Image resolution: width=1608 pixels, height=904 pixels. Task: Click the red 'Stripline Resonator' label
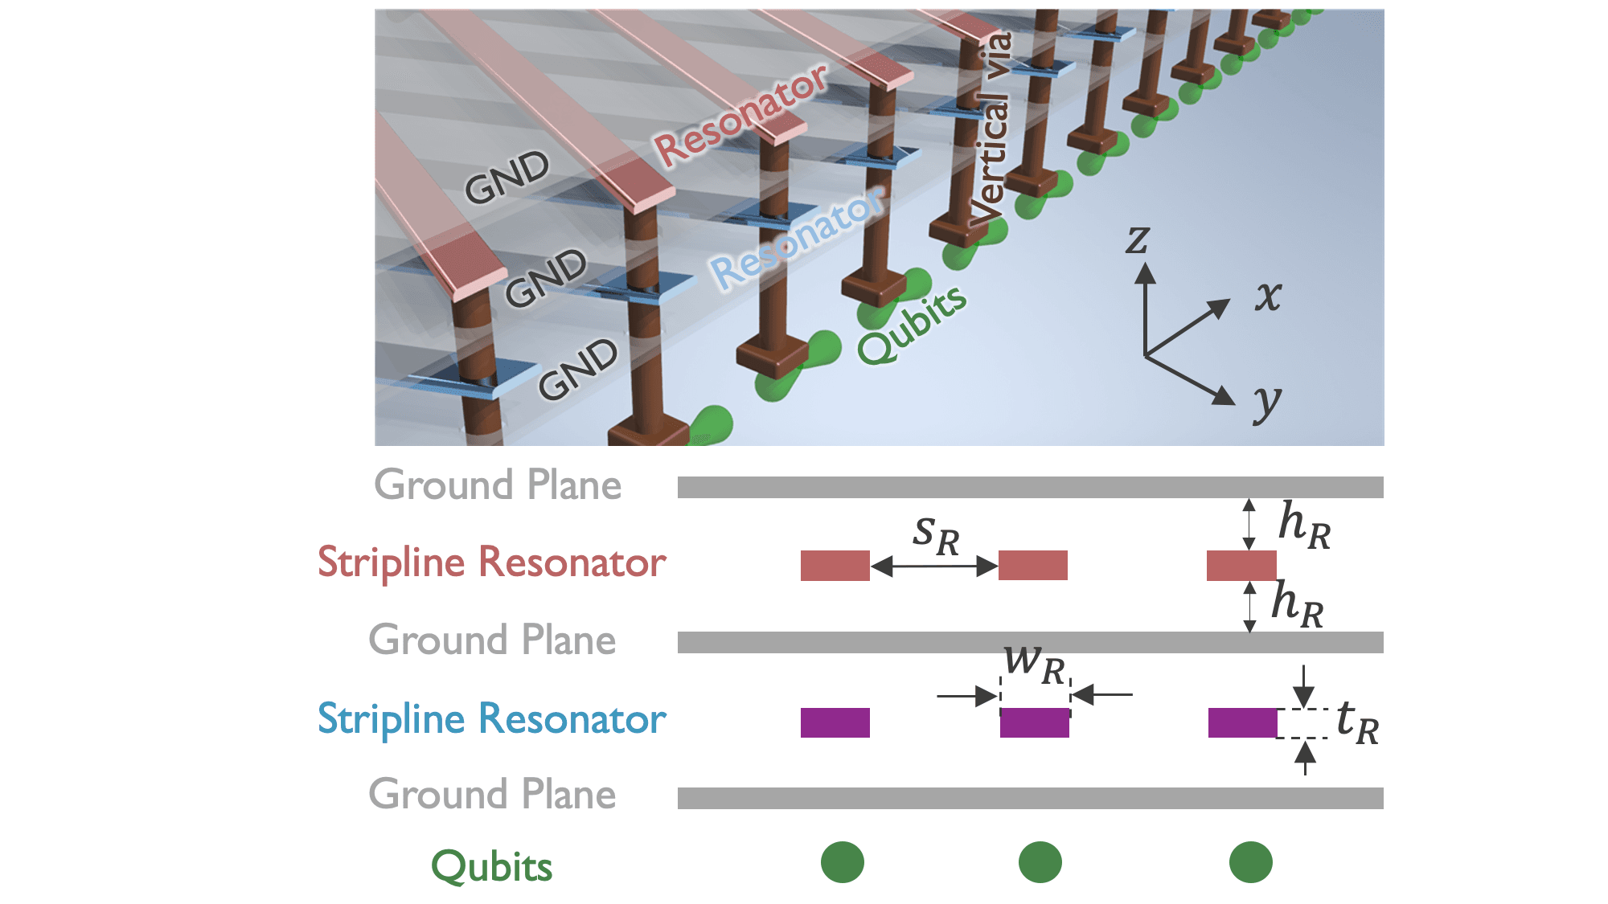pyautogui.click(x=491, y=562)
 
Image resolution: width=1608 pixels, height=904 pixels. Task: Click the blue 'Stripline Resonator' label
pyautogui.click(x=491, y=718)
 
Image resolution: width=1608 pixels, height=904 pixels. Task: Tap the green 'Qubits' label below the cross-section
pyautogui.click(x=491, y=867)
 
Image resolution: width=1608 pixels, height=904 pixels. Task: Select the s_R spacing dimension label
pyautogui.click(x=936, y=535)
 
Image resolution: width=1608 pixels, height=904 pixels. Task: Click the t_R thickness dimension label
pyautogui.click(x=1356, y=722)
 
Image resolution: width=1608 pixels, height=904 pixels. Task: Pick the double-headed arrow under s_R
pyautogui.click(x=934, y=567)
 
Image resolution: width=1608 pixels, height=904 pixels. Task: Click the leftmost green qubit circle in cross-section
pyautogui.click(x=842, y=862)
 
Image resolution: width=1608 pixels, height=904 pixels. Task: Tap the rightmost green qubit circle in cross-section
pyautogui.click(x=1250, y=862)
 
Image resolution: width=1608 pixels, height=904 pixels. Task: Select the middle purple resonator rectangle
pyautogui.click(x=1034, y=722)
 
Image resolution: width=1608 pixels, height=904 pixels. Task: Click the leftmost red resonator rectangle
pyautogui.click(x=835, y=565)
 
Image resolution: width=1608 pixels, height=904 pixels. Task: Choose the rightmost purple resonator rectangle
pyautogui.click(x=1242, y=722)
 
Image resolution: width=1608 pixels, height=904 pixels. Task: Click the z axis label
pyautogui.click(x=1138, y=239)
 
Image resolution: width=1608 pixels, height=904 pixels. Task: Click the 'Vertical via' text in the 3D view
pyautogui.click(x=990, y=129)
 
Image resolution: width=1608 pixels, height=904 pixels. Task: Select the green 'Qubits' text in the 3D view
pyautogui.click(x=912, y=325)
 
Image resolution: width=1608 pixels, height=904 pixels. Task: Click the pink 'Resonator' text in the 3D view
pyautogui.click(x=740, y=116)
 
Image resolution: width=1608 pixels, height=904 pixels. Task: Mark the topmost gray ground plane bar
pyautogui.click(x=1030, y=487)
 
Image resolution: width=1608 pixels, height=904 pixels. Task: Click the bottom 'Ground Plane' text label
pyautogui.click(x=492, y=794)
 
